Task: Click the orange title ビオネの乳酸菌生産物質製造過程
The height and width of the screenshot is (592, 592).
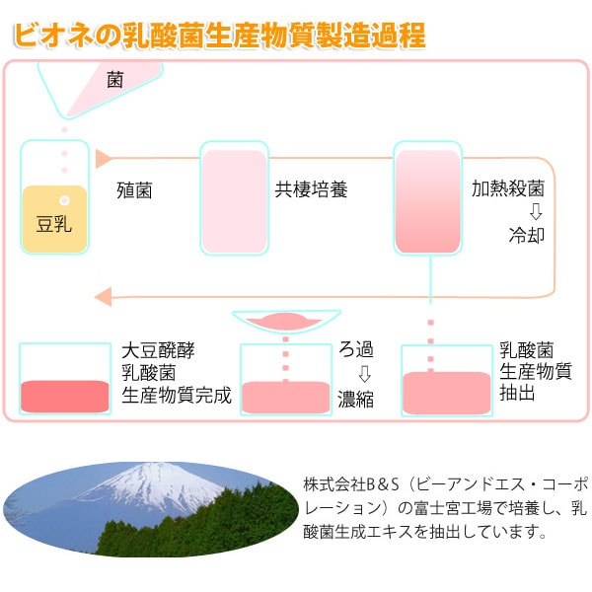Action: [219, 37]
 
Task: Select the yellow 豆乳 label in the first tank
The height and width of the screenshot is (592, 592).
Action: [54, 220]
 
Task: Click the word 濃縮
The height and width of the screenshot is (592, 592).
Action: [355, 400]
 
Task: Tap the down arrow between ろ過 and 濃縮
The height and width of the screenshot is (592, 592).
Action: [363, 374]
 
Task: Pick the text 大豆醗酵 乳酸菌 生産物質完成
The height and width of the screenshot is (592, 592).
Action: [176, 373]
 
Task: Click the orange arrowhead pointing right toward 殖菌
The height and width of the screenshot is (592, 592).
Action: [102, 158]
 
